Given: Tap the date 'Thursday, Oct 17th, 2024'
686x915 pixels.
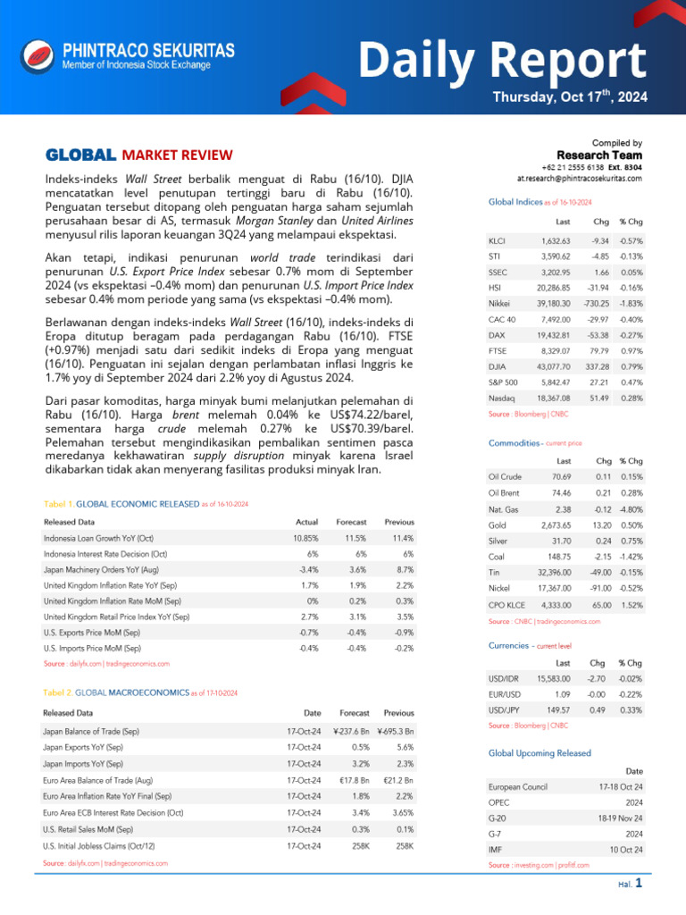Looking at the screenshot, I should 570,97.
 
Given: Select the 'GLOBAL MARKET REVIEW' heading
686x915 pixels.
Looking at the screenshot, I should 138,154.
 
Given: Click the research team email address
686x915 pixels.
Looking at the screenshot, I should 580,179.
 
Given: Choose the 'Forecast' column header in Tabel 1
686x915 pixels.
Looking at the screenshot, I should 351,522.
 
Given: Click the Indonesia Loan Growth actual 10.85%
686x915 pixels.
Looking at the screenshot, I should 305,539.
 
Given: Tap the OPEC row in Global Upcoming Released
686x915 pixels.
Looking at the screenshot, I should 499,802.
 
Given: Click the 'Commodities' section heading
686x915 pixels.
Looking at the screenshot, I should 514,443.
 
